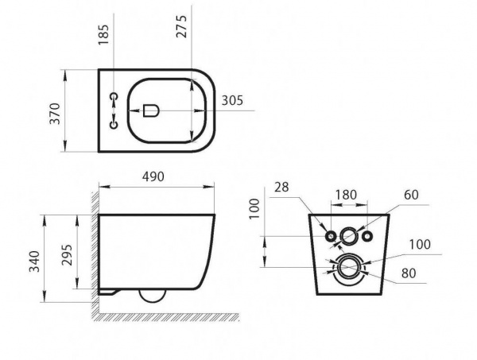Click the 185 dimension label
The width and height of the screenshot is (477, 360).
103,35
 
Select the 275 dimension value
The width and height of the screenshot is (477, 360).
181,26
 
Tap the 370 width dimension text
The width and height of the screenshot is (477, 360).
56,114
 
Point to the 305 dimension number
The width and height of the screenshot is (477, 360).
232,101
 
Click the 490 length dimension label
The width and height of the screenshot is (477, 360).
153,176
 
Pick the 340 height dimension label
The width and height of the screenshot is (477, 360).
34,261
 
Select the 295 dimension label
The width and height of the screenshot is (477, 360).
67,255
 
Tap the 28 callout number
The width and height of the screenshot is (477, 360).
281,187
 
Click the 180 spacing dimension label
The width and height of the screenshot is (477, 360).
346,195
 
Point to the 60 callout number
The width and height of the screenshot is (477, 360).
411,195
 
